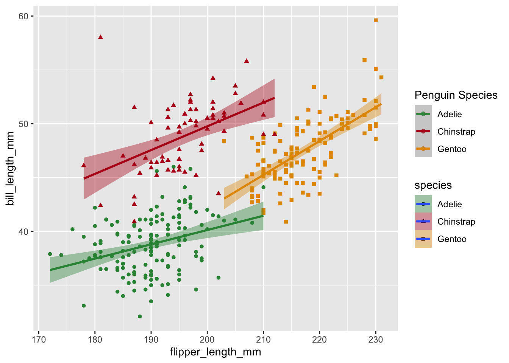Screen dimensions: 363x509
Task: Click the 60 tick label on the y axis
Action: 23,16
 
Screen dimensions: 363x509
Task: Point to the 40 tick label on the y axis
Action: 23,231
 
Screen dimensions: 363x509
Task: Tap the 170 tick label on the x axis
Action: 39,340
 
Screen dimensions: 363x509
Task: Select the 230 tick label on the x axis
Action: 376,340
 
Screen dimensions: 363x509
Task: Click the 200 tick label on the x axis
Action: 207,340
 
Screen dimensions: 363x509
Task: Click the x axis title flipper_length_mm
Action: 215,352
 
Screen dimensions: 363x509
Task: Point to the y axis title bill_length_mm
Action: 10,168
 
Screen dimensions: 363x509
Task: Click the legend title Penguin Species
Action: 456,95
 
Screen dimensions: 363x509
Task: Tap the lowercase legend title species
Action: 433,185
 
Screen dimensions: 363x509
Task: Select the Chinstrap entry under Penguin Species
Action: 456,132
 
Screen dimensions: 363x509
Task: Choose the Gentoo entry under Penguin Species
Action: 451,149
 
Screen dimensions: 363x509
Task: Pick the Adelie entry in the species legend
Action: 449,204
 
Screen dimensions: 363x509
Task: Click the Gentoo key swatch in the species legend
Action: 423,239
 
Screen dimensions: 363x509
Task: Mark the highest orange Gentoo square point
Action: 376,20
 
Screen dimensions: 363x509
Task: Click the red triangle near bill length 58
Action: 100,37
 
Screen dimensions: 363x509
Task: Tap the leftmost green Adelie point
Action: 50,254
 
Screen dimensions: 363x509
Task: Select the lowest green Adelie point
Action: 140,316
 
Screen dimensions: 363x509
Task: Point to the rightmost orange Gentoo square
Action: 381,78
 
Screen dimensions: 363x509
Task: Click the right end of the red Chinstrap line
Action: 274,98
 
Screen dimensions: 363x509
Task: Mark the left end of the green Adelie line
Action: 50,270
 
